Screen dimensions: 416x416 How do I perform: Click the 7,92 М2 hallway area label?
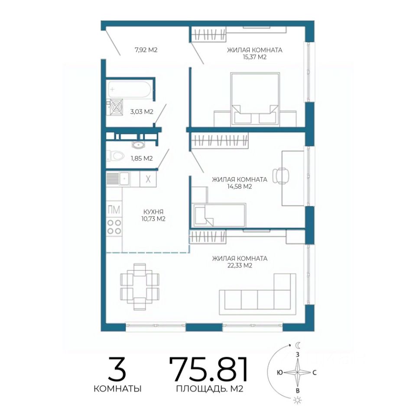(x=146, y=50)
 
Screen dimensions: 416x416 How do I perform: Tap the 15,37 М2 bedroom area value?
(x=254, y=57)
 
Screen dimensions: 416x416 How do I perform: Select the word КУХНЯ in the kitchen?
(x=153, y=212)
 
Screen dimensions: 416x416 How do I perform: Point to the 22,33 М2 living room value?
(x=240, y=266)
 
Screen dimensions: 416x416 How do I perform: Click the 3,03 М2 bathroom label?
(x=142, y=112)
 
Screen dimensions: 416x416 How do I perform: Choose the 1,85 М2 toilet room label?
(x=142, y=159)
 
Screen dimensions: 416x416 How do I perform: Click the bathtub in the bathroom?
(x=130, y=89)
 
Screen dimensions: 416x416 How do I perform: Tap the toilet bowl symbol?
(x=115, y=156)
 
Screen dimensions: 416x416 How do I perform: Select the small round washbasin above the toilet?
(x=138, y=145)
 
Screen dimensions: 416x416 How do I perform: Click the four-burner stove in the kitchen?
(x=114, y=227)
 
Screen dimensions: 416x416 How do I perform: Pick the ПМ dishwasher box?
(x=114, y=210)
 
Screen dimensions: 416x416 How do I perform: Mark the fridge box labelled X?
(x=148, y=179)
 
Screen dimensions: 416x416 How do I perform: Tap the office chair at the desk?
(x=281, y=175)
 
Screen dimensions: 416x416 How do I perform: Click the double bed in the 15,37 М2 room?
(x=255, y=99)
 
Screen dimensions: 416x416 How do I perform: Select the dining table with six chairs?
(x=140, y=287)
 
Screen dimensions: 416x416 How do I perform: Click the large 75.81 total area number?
(x=209, y=369)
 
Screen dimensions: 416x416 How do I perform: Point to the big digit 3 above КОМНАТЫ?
(x=117, y=369)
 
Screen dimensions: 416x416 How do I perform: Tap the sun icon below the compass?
(x=298, y=400)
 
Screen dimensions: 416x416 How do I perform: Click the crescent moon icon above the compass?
(x=298, y=345)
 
